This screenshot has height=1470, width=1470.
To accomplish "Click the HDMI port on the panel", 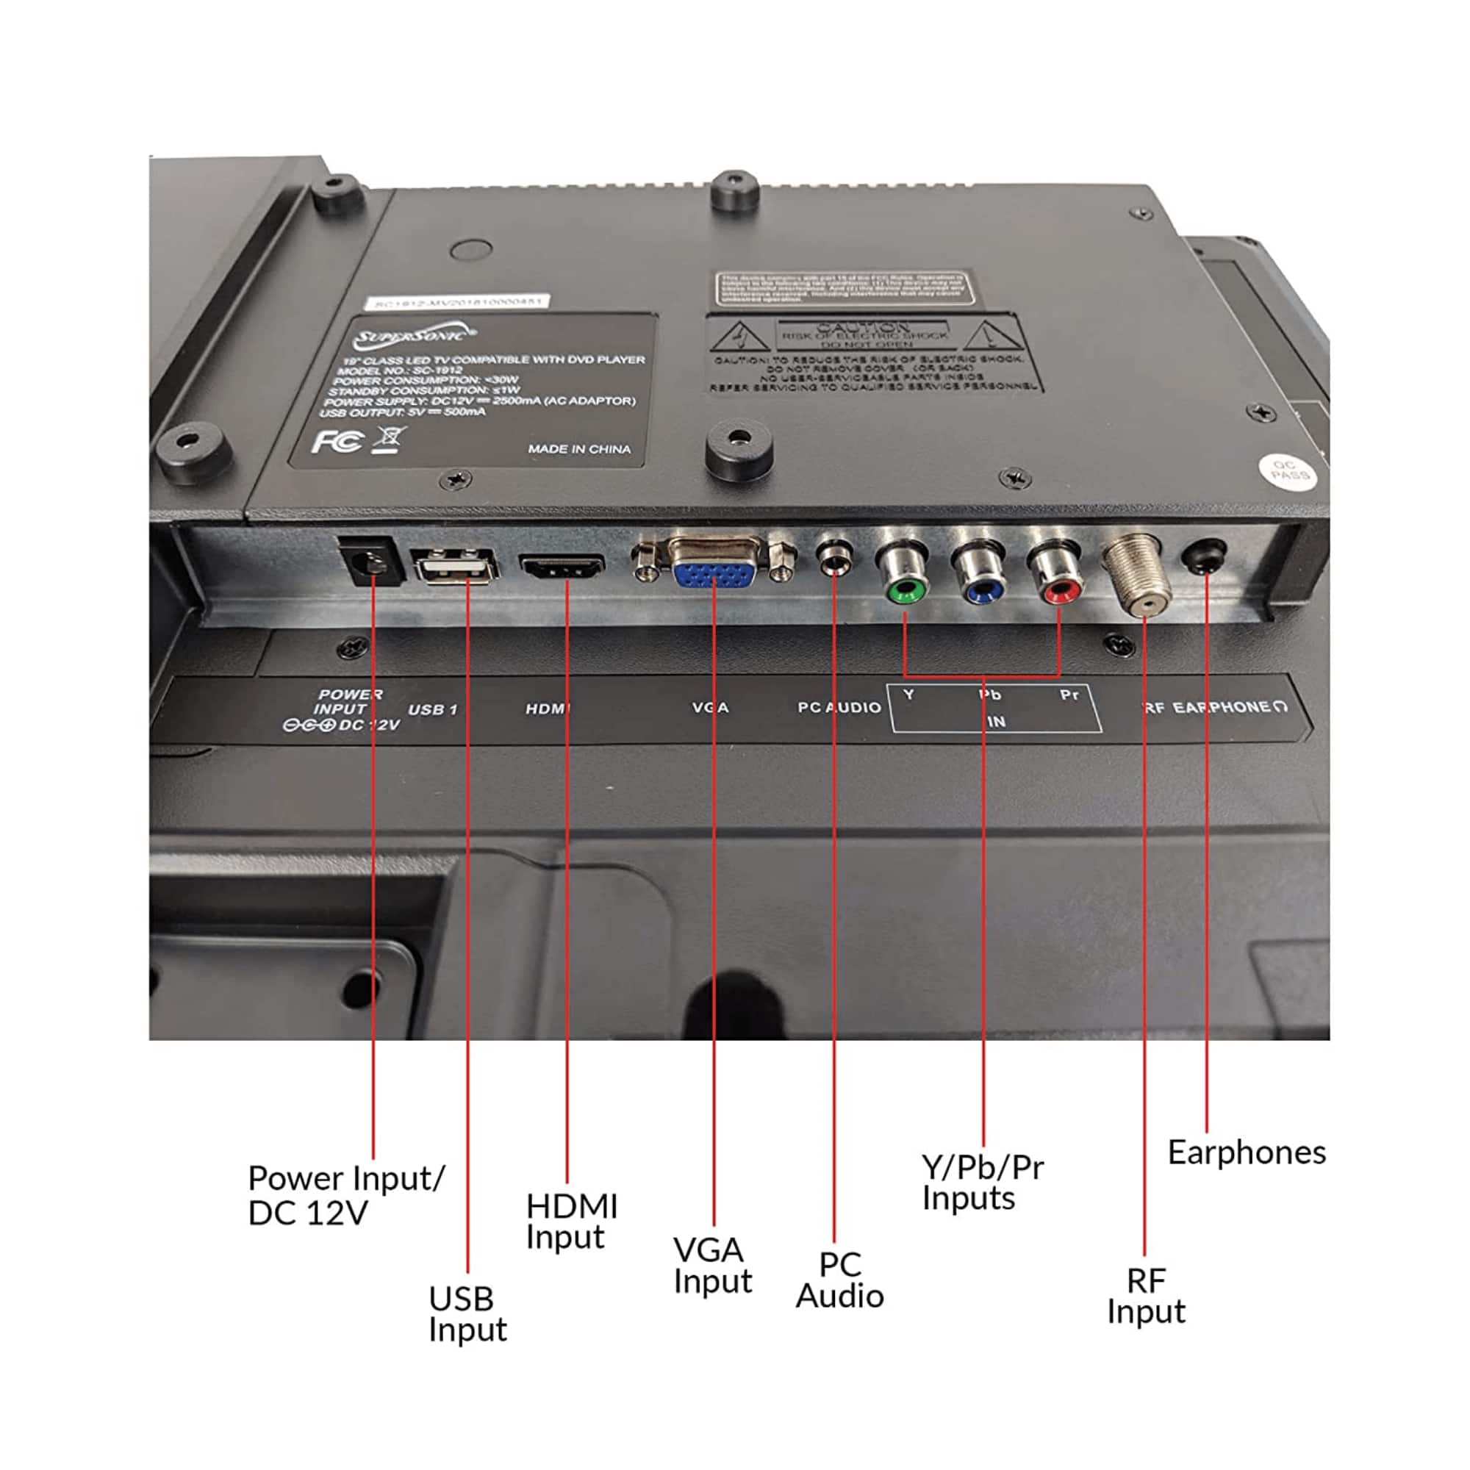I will (562, 567).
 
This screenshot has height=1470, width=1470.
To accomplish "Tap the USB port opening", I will (454, 567).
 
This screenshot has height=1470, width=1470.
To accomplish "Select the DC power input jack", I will (372, 563).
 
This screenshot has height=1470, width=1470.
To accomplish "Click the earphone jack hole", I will (1205, 556).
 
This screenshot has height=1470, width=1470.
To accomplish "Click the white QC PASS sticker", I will (1289, 471).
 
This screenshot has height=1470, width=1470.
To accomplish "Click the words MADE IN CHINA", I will (579, 449).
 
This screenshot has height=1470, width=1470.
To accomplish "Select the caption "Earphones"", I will (1247, 1152).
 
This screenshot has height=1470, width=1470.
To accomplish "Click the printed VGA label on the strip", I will (710, 708).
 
